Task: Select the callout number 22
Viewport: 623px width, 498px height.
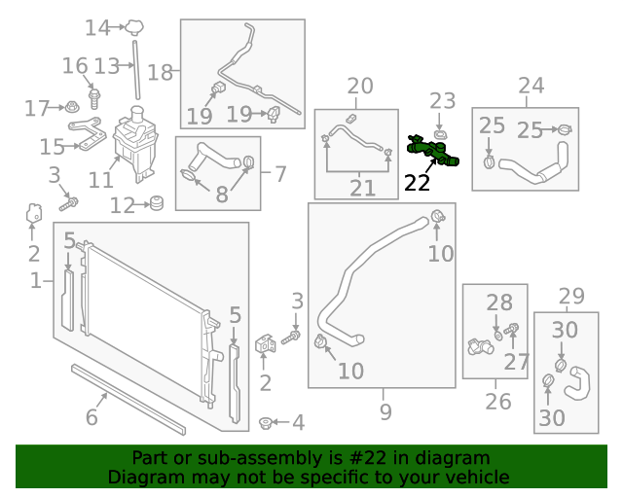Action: tap(417, 183)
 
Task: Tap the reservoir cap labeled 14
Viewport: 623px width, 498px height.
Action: tap(135, 26)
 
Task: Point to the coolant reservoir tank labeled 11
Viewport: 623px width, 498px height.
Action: tap(133, 146)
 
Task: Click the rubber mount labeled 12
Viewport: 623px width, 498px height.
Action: tap(154, 204)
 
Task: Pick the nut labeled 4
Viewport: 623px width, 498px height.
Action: tap(265, 423)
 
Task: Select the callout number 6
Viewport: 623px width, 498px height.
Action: tap(92, 417)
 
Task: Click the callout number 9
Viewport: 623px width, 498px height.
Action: tap(385, 412)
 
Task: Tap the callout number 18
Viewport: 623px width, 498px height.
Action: tap(160, 72)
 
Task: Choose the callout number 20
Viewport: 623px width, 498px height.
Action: tap(360, 87)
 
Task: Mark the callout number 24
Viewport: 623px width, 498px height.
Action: tap(531, 86)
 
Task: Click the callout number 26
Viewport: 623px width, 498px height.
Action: tap(497, 401)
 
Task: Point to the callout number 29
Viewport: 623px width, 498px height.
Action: tap(571, 296)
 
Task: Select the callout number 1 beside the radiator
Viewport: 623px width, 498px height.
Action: tap(36, 281)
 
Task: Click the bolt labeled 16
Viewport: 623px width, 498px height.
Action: tap(94, 97)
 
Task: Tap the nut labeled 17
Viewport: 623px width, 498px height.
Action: tap(72, 107)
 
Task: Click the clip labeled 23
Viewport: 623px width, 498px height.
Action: tap(441, 131)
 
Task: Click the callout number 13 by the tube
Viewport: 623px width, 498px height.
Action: tap(106, 67)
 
